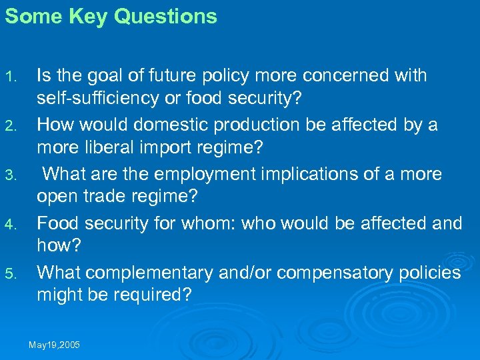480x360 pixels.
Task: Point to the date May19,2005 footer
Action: click(x=54, y=344)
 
